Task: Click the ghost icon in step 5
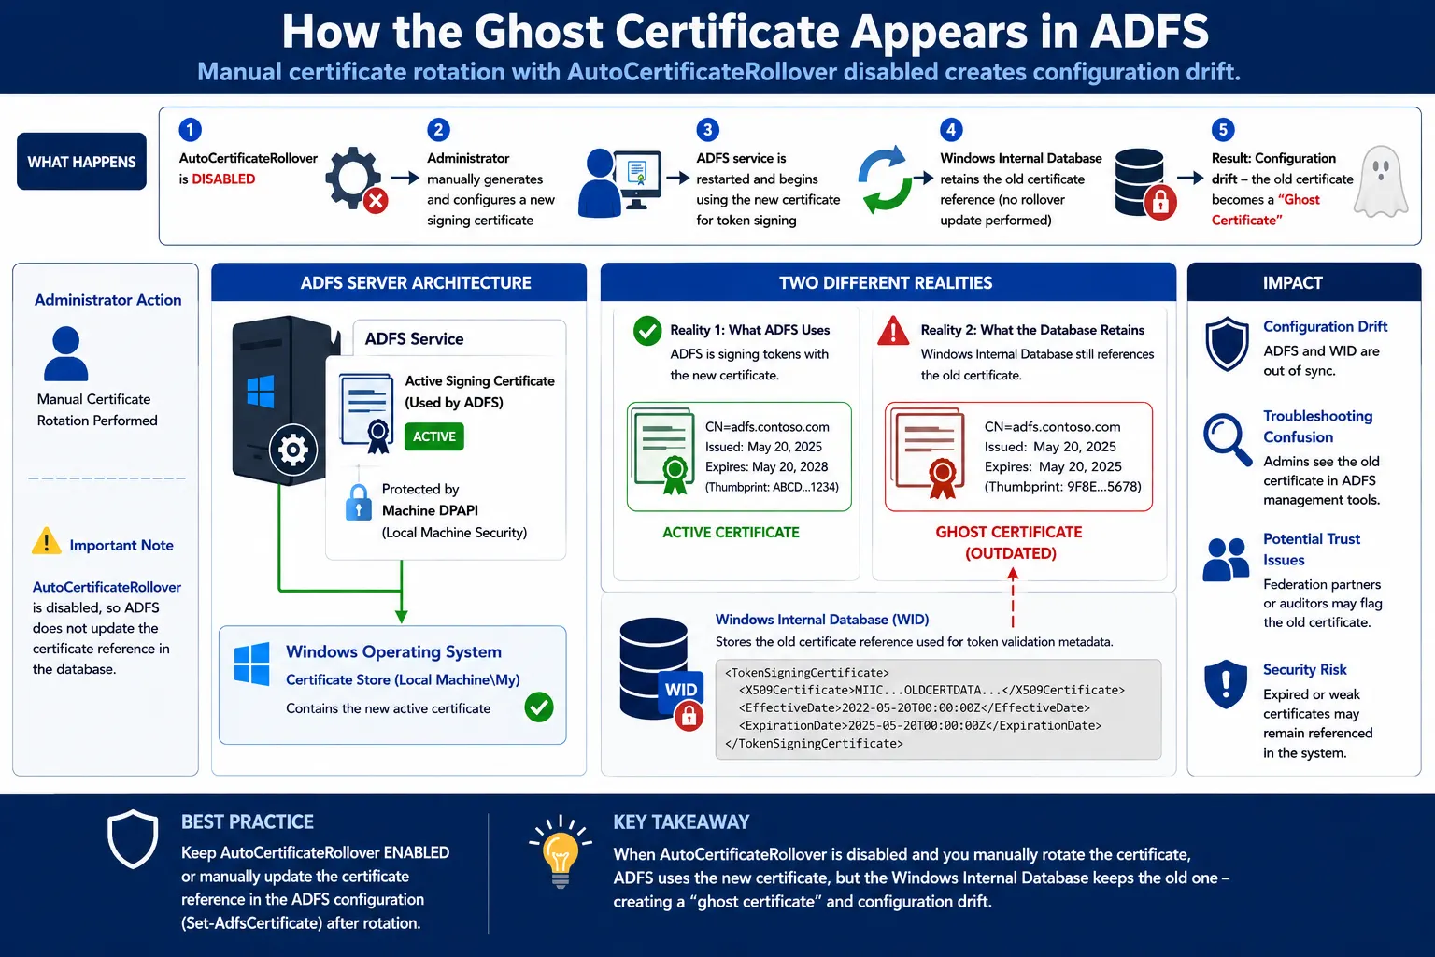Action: (x=1381, y=182)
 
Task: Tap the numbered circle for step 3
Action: (x=708, y=130)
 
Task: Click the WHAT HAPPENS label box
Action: (x=81, y=162)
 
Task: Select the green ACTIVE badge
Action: (x=434, y=436)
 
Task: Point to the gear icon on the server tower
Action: (x=292, y=450)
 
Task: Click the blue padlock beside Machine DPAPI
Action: (x=358, y=502)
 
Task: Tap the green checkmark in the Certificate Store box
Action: (x=539, y=707)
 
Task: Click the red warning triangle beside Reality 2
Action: (x=893, y=332)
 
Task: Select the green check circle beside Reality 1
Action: (x=647, y=331)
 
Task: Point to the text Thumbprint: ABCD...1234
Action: (x=772, y=487)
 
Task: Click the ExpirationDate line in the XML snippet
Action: (x=920, y=725)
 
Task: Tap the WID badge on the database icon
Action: (x=680, y=690)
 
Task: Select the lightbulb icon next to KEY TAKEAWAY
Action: (x=560, y=851)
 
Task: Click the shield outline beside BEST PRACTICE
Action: (x=133, y=838)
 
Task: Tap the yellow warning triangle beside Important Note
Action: (x=46, y=541)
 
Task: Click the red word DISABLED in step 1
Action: (x=223, y=179)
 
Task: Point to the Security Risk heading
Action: (x=1304, y=669)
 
